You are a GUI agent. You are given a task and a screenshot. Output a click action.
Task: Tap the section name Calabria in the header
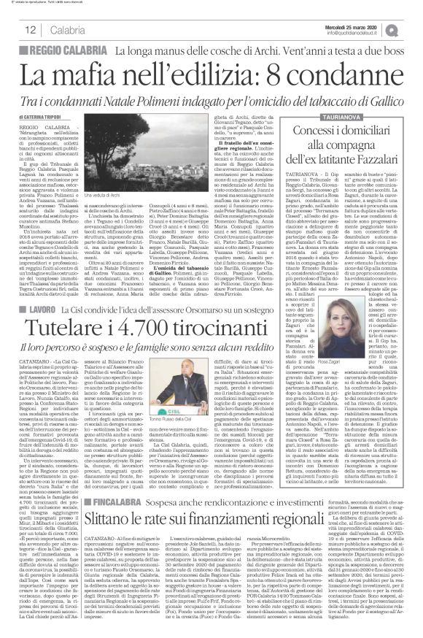tap(66, 29)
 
